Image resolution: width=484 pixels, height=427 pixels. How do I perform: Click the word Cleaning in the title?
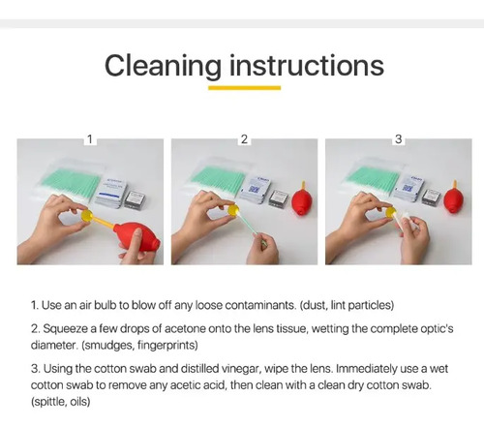(163, 66)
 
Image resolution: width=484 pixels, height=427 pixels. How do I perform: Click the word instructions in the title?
(307, 65)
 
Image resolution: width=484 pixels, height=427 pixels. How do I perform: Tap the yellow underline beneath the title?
(244, 88)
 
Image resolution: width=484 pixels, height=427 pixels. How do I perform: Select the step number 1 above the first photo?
(90, 139)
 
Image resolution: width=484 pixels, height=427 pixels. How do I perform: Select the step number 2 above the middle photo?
(244, 139)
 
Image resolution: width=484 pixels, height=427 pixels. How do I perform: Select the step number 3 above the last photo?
(398, 139)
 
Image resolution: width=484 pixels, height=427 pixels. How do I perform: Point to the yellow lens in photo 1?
(87, 215)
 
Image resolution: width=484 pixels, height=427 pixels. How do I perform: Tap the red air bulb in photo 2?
(302, 198)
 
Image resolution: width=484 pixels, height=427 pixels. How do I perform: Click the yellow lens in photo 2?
(233, 210)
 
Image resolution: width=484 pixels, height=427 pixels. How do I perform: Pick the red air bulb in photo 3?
(453, 197)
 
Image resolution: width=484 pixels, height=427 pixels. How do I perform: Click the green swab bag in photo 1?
(70, 182)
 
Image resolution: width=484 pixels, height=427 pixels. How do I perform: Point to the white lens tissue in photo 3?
(404, 220)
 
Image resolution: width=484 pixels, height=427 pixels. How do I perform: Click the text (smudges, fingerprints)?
(139, 346)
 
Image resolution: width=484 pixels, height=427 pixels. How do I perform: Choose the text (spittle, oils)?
(60, 402)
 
